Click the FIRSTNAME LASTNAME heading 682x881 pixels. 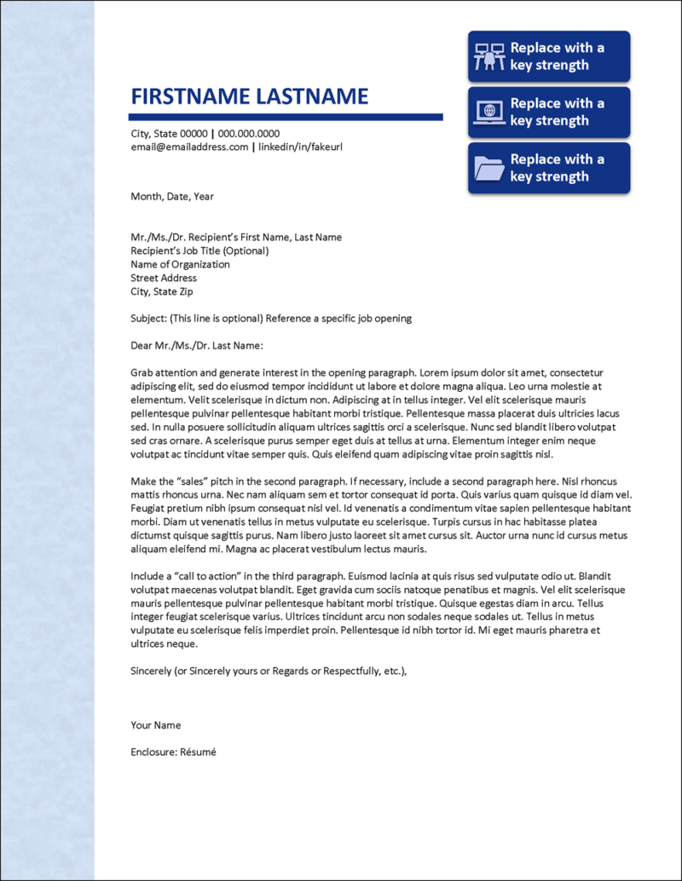[x=249, y=96]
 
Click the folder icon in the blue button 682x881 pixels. [x=489, y=168]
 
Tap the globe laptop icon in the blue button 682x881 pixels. [x=489, y=112]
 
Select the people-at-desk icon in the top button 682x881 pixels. [x=489, y=56]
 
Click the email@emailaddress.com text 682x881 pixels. [x=189, y=147]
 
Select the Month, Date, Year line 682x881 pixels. [x=172, y=196]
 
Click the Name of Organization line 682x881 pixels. [x=180, y=264]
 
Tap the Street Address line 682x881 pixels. [x=164, y=278]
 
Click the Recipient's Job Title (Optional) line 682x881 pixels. [x=199, y=250]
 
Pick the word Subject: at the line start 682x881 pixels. [x=148, y=319]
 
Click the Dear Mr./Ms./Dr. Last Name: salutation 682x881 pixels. [x=197, y=346]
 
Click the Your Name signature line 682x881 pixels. [x=156, y=725]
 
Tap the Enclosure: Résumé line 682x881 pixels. [x=174, y=752]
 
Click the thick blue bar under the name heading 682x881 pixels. [x=286, y=117]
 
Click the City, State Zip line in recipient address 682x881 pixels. [x=162, y=291]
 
